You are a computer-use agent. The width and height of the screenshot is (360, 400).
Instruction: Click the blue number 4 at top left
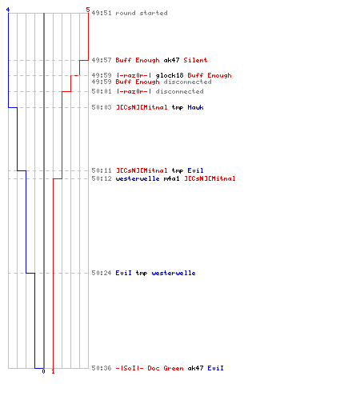pyautogui.click(x=8, y=10)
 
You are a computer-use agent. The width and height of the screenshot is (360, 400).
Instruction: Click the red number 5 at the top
pyautogui.click(x=88, y=10)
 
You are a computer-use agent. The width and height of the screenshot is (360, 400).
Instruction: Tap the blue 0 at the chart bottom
pyautogui.click(x=43, y=371)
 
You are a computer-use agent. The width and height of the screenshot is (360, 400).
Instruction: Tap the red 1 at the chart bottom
pyautogui.click(x=53, y=371)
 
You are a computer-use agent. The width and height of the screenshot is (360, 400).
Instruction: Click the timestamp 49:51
pyautogui.click(x=102, y=13)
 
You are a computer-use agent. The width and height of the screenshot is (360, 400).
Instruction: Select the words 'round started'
pyautogui.click(x=142, y=13)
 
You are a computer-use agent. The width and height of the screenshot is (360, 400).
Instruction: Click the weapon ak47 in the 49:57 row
pyautogui.click(x=171, y=60)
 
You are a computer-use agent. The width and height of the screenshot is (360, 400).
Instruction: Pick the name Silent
pyautogui.click(x=195, y=60)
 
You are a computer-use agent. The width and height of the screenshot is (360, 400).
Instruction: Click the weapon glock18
pyautogui.click(x=170, y=75)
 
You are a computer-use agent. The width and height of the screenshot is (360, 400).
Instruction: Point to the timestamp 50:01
pyautogui.click(x=102, y=91)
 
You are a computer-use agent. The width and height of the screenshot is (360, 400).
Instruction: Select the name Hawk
pyautogui.click(x=195, y=107)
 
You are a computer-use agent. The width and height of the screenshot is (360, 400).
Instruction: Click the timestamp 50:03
pyautogui.click(x=102, y=107)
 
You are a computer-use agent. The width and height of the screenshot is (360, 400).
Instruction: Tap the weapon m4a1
pyautogui.click(x=171, y=178)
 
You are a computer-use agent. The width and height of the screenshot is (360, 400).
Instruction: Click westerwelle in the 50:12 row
pyautogui.click(x=138, y=178)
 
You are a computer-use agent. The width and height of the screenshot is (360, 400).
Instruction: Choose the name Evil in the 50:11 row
pyautogui.click(x=195, y=170)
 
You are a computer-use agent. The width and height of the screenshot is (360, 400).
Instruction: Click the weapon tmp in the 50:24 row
pyautogui.click(x=142, y=274)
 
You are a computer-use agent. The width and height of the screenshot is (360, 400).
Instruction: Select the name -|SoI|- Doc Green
pyautogui.click(x=150, y=368)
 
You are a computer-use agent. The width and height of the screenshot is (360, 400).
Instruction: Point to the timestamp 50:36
pyautogui.click(x=102, y=368)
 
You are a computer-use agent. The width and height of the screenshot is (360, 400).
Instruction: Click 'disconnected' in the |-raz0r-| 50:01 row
pyautogui.click(x=179, y=91)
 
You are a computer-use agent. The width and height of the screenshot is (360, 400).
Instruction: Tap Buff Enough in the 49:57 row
pyautogui.click(x=138, y=60)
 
